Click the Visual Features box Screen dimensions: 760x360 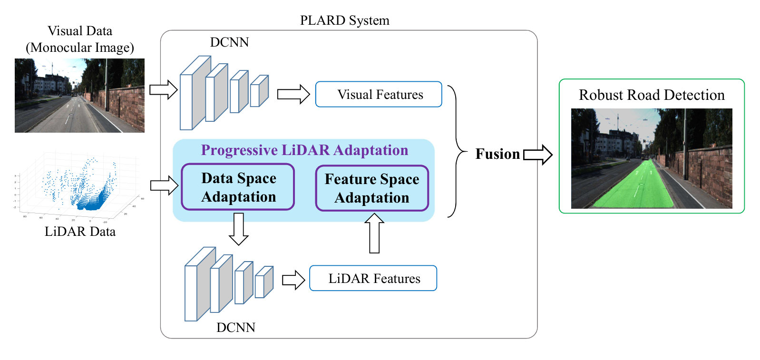pyautogui.click(x=379, y=94)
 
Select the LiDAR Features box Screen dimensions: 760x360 pyautogui.click(x=373, y=278)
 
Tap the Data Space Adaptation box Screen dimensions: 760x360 pyautogui.click(x=238, y=187)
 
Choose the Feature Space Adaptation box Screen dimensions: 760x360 pyautogui.click(x=372, y=188)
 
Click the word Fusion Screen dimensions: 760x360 pyautogui.click(x=497, y=154)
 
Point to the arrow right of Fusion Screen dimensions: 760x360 pyautogui.click(x=538, y=155)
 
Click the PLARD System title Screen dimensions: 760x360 pyautogui.click(x=345, y=20)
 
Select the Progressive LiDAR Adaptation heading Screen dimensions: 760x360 pyautogui.click(x=304, y=150)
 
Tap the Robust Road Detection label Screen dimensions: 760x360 pyautogui.click(x=652, y=95)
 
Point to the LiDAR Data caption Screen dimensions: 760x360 pyautogui.click(x=80, y=232)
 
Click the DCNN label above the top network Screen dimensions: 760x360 pyautogui.click(x=229, y=42)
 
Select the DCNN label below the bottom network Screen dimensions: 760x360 pyautogui.click(x=236, y=328)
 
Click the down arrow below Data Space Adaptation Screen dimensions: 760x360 pyautogui.click(x=239, y=229)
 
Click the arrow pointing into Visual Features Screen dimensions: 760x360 pyautogui.click(x=293, y=94)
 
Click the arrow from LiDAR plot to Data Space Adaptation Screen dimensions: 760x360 pyautogui.click(x=164, y=185)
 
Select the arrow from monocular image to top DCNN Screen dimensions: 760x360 pyautogui.click(x=164, y=90)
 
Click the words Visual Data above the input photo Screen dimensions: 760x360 pyautogui.click(x=80, y=31)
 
